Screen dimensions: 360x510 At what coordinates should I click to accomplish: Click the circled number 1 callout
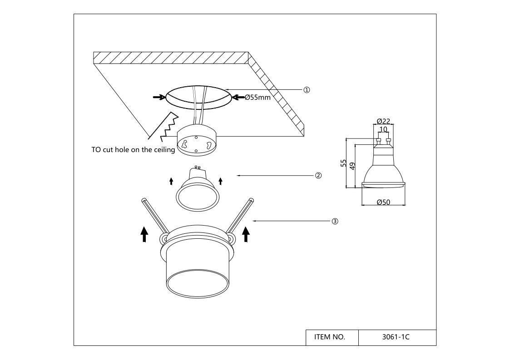[307, 90]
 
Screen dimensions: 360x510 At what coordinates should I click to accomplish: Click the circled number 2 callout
[318, 175]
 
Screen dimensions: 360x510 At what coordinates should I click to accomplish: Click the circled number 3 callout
[335, 222]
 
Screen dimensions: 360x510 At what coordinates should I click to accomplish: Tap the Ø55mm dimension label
[257, 97]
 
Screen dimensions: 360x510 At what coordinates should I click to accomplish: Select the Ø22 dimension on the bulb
[383, 121]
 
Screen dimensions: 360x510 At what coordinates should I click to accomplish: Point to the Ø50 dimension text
[384, 202]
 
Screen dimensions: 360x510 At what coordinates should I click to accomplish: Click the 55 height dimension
[344, 163]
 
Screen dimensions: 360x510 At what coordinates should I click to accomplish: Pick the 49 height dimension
[352, 165]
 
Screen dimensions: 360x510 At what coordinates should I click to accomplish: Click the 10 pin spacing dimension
[383, 129]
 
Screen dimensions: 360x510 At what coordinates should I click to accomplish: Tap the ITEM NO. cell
[330, 337]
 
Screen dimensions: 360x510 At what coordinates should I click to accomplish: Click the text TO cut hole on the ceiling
[133, 150]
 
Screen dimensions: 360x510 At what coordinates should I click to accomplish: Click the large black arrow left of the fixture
[144, 234]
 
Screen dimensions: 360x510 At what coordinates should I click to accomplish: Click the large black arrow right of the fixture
[246, 234]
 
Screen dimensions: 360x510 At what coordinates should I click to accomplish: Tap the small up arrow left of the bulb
[171, 181]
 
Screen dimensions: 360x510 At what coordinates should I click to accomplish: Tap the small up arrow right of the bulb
[220, 181]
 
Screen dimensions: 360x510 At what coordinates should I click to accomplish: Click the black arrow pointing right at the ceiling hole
[158, 97]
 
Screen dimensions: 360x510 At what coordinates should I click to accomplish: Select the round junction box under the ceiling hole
[196, 141]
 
